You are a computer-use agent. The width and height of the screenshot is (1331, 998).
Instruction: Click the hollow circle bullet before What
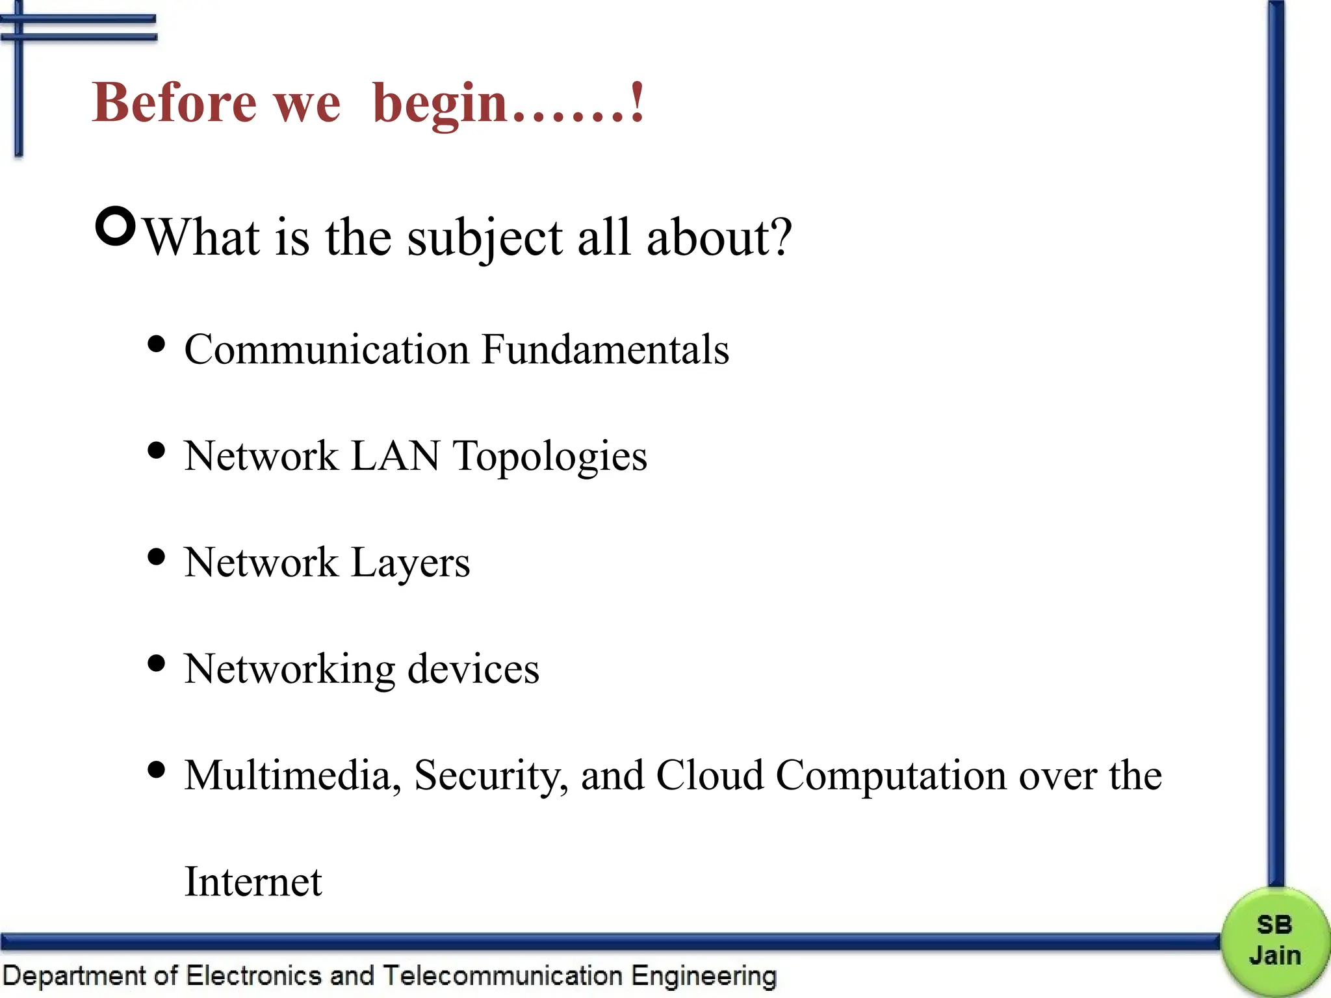tap(116, 226)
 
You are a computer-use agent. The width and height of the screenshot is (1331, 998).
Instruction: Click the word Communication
tap(326, 350)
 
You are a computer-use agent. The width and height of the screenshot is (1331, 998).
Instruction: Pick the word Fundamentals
tap(605, 350)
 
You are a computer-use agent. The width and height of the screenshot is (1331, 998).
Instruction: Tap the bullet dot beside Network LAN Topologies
tap(156, 450)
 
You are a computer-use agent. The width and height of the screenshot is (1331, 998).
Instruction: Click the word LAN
tap(395, 455)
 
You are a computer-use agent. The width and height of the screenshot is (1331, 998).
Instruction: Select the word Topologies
tap(550, 457)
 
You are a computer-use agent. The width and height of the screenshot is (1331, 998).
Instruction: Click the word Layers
tap(410, 563)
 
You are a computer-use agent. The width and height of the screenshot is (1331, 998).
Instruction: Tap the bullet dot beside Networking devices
tap(156, 663)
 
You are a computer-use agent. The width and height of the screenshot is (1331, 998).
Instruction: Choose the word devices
tap(473, 669)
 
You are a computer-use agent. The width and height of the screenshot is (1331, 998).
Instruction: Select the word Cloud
tap(710, 775)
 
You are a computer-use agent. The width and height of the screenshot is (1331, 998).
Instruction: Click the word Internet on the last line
tap(253, 882)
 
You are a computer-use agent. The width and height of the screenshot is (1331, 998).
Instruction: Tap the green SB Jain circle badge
tap(1274, 941)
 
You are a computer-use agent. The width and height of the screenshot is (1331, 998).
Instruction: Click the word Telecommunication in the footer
tap(502, 976)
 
